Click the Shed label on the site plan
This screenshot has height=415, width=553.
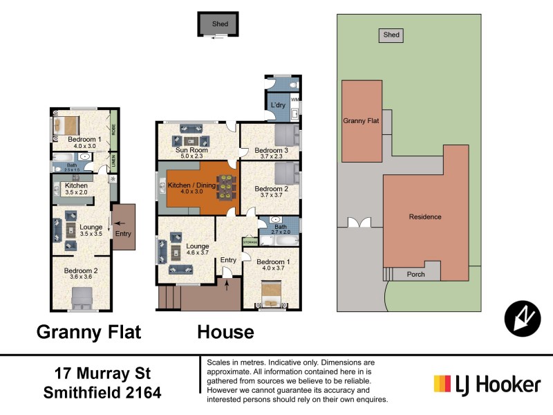coord(391,35)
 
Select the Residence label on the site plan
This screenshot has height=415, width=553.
coord(424,216)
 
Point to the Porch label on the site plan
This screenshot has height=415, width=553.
coord(415,275)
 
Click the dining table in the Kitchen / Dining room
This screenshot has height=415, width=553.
coord(226,186)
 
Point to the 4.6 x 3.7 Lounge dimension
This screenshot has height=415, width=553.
coord(198,253)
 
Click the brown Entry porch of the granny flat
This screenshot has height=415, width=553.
coord(123,226)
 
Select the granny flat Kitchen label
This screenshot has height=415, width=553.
coord(76,186)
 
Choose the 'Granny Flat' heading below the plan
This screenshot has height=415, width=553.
coord(88,332)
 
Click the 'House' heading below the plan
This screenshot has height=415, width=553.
coord(225,332)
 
